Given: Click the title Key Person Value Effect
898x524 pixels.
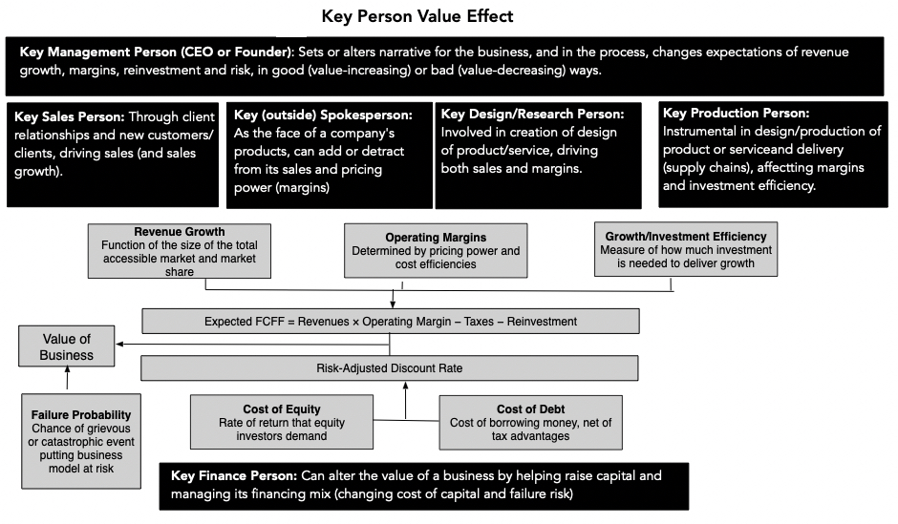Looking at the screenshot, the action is (x=417, y=16).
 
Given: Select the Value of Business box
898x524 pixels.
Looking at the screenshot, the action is (x=66, y=346).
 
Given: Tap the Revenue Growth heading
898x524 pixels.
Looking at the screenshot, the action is (x=180, y=232).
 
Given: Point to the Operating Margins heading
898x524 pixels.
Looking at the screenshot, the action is (x=435, y=237).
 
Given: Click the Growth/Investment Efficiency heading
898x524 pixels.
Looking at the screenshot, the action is (x=685, y=236).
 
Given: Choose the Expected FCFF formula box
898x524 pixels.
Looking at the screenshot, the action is (x=390, y=322).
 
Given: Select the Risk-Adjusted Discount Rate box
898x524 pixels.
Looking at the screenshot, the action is (x=390, y=368).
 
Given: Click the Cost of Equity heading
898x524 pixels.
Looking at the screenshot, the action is (x=282, y=409).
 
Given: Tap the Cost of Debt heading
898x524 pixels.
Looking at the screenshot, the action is (x=530, y=409).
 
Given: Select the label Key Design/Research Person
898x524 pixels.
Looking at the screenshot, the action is (x=532, y=115).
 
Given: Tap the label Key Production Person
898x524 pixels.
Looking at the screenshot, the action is (x=736, y=114).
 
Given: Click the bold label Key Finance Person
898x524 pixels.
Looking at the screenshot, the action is (x=233, y=475).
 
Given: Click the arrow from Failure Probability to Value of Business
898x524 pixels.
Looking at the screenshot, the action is (x=67, y=380).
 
